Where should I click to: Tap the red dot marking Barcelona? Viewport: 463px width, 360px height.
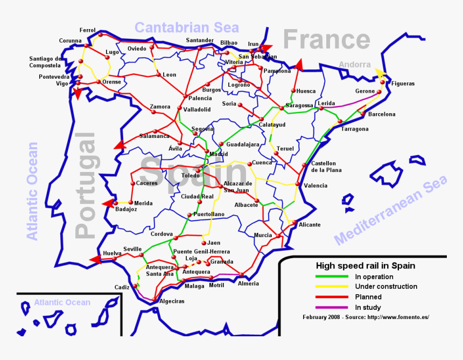363,114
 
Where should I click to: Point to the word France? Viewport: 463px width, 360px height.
326,40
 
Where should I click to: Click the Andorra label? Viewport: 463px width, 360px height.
355,65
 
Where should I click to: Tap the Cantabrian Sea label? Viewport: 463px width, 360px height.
186,27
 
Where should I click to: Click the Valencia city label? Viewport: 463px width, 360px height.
315,186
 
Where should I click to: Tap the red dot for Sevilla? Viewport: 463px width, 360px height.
141,254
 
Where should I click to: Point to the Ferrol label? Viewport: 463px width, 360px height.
87,30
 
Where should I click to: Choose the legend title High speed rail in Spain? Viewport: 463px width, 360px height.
365,266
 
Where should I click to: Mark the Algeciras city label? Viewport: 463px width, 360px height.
172,301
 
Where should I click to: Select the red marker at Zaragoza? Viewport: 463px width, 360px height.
282,108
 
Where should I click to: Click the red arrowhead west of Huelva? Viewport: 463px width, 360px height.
96,260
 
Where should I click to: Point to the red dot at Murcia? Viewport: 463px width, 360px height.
278,236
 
